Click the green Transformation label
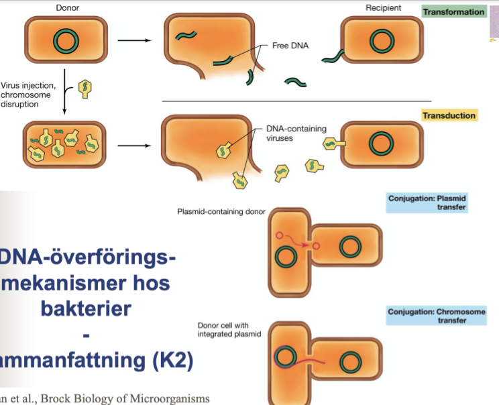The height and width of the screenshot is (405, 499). click(453, 12)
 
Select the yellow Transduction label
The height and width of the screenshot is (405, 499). click(449, 115)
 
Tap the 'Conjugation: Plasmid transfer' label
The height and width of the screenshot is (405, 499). click(427, 203)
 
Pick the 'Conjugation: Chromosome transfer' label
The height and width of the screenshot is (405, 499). click(427, 316)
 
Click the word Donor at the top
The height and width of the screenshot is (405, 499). click(64, 8)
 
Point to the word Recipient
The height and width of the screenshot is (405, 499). click(384, 8)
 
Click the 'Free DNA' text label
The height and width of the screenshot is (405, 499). click(289, 46)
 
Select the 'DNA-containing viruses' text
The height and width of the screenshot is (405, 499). click(289, 133)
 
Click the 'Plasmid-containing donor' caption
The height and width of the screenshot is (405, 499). click(221, 212)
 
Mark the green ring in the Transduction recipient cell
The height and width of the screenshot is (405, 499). click(382, 143)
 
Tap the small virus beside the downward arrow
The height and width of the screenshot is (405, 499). click(85, 88)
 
